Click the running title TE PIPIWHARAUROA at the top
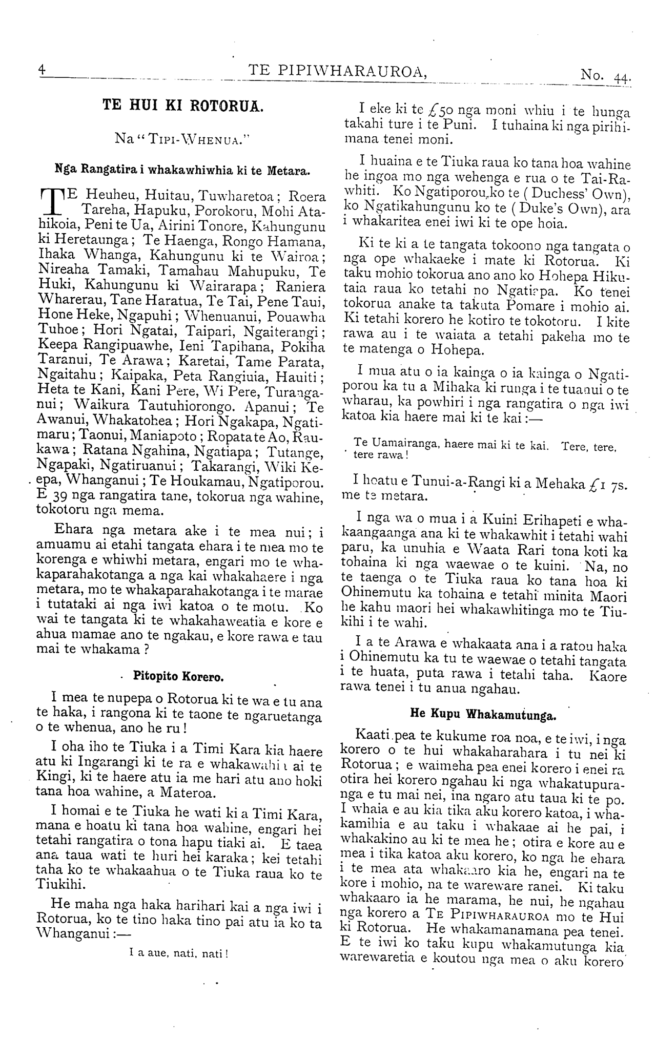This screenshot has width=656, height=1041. point(337,71)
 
